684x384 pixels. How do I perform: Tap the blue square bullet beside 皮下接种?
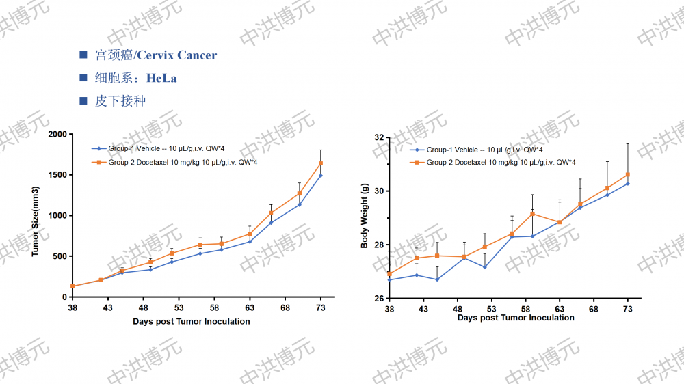coord(83,101)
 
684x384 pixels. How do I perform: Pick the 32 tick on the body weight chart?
coord(378,137)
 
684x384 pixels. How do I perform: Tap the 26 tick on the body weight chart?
coord(378,298)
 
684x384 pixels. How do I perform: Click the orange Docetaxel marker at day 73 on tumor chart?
coord(321,163)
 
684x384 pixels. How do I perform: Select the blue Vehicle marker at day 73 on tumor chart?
coord(321,176)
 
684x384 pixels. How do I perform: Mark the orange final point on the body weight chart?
coord(627,174)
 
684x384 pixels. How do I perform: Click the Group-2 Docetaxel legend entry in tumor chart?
coord(179,162)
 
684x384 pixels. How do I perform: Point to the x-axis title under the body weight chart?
coord(516,318)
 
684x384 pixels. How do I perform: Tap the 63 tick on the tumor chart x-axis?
coord(250,308)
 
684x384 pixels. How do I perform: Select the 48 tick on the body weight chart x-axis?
coord(457,309)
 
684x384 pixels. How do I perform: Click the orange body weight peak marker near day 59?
coord(532,214)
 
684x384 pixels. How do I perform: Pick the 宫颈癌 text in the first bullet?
coord(110,55)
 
